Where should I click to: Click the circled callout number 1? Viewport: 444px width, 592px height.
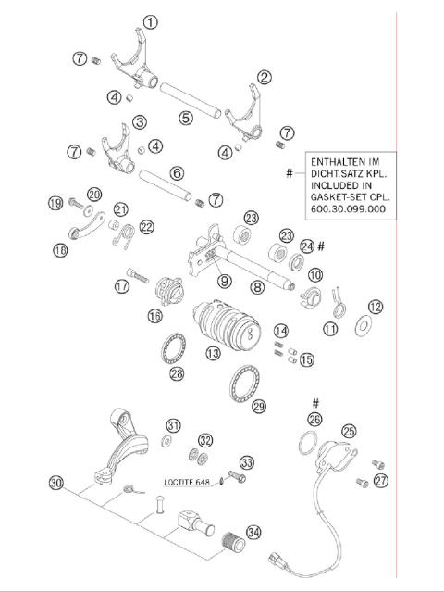[x=150, y=21]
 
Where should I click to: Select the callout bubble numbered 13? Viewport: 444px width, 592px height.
[x=213, y=353]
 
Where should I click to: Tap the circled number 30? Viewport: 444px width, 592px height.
[x=57, y=484]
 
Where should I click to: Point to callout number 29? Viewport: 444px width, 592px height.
[x=258, y=406]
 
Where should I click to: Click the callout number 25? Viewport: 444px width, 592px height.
[x=349, y=431]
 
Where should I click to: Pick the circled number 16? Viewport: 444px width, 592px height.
[x=154, y=317]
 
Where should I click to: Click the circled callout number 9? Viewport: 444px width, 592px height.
[x=224, y=281]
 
